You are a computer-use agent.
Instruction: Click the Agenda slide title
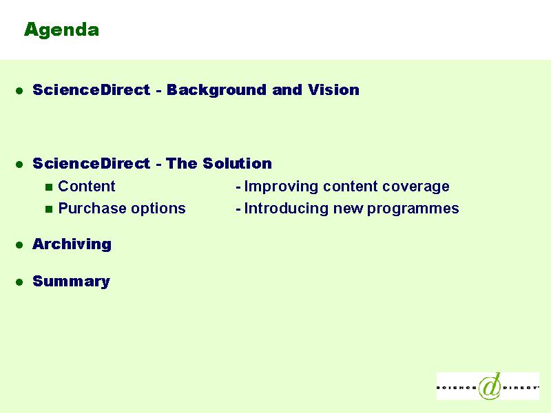pyautogui.click(x=61, y=30)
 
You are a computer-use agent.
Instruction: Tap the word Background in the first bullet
pyautogui.click(x=216, y=90)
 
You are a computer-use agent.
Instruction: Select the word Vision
pyautogui.click(x=334, y=90)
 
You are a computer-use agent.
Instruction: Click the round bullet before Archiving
pyautogui.click(x=19, y=245)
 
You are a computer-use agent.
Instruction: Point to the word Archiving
pyautogui.click(x=72, y=244)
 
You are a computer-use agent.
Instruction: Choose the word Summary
pyautogui.click(x=72, y=282)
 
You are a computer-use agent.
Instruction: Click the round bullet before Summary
pyautogui.click(x=19, y=282)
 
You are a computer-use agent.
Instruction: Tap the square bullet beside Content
pyautogui.click(x=49, y=187)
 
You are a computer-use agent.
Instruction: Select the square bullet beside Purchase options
pyautogui.click(x=49, y=210)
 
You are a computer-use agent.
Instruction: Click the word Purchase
pyautogui.click(x=92, y=209)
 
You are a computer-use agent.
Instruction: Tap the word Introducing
pyautogui.click(x=286, y=209)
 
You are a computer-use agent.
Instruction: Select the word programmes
pyautogui.click(x=413, y=209)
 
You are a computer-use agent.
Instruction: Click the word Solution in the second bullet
pyautogui.click(x=237, y=164)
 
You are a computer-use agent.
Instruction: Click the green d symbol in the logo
pyautogui.click(x=490, y=386)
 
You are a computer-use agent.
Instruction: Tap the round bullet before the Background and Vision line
pyautogui.click(x=19, y=91)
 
